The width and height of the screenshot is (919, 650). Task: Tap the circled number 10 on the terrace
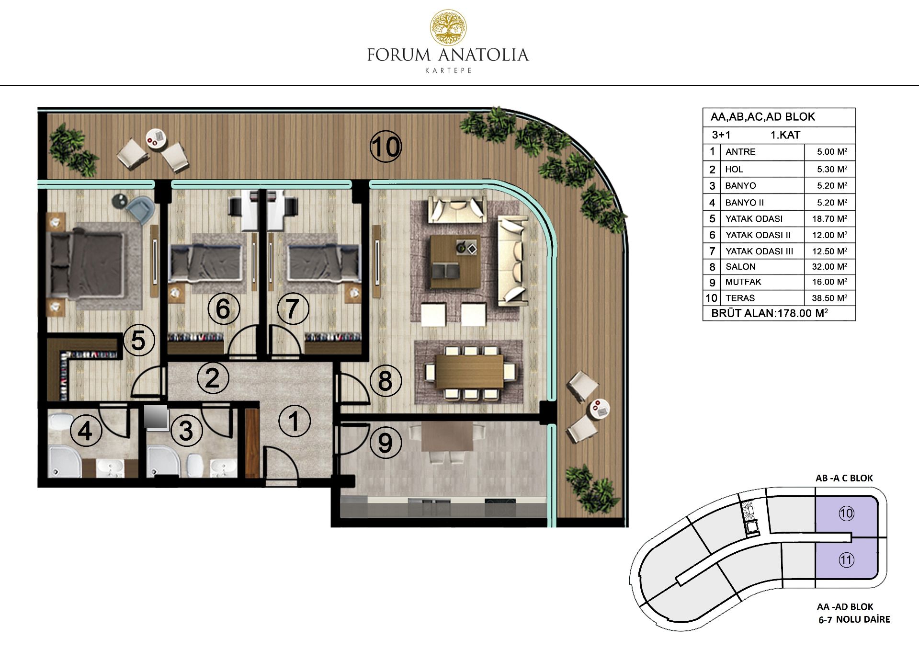pos(386,147)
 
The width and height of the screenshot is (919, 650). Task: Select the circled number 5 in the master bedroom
pos(138,341)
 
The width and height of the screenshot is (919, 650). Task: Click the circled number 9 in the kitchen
pos(386,443)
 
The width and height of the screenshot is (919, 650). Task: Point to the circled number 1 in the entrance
pos(294,422)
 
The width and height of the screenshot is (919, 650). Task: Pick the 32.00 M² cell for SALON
pos(829,267)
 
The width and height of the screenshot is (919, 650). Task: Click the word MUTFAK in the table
pos(743,282)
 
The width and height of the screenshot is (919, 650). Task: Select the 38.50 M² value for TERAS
pos(829,298)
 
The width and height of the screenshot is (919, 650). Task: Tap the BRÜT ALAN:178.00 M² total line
pos(770,313)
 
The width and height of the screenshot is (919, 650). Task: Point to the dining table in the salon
pos(470,372)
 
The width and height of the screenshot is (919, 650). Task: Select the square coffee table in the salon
pos(454,262)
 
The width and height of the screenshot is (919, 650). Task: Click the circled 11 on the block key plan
pos(846,559)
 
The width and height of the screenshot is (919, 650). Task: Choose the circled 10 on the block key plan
pos(846,513)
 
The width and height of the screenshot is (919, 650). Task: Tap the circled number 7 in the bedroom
pos(293,308)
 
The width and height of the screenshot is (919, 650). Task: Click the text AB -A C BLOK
pos(844,478)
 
